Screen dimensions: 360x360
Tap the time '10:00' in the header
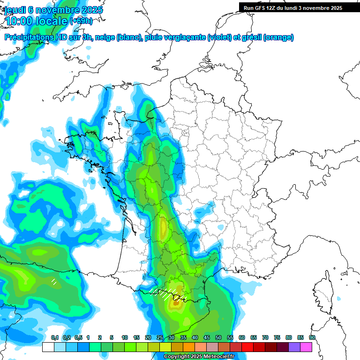pos(19,21)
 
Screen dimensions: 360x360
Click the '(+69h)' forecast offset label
pos(81,21)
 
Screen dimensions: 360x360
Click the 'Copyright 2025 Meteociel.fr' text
pos(199,357)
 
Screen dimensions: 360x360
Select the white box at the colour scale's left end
pos(48,347)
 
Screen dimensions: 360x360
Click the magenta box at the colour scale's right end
pos(306,347)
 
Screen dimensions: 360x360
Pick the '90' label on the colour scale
pos(312,337)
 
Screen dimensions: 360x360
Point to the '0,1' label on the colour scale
pos(54,337)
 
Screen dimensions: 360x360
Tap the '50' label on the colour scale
pos(218,337)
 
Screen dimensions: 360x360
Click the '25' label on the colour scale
pos(160,337)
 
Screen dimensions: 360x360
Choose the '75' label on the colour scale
pos(277,337)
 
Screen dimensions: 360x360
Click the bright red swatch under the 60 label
pos(247,347)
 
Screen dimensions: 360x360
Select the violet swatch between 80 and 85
pos(294,347)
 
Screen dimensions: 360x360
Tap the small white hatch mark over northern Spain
pos(54,282)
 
